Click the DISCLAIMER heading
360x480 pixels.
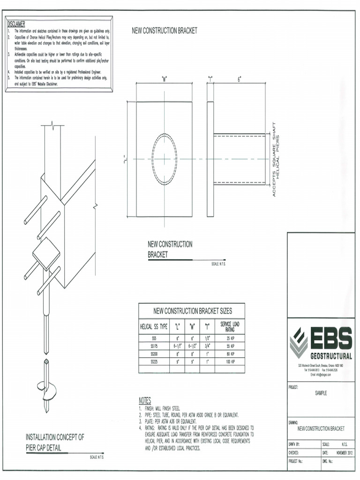point(16,24)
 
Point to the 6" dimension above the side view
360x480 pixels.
point(239,80)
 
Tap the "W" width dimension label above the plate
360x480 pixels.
point(165,79)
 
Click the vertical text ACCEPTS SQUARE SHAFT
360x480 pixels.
point(274,159)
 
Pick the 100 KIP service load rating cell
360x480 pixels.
point(230,362)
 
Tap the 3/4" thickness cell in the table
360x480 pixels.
point(207,345)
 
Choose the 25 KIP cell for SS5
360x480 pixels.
point(230,337)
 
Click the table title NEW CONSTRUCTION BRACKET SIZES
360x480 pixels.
point(193,311)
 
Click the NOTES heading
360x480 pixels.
point(145,401)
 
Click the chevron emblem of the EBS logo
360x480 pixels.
point(299,343)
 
